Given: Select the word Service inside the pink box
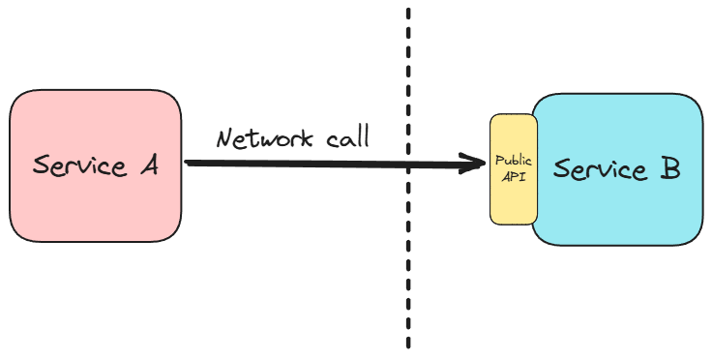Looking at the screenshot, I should click(x=79, y=165).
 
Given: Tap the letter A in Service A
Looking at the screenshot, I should click(x=146, y=165).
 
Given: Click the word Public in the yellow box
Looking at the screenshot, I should click(x=514, y=161).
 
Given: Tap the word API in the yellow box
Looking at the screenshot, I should click(x=514, y=177).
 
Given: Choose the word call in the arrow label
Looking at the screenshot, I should click(x=344, y=137).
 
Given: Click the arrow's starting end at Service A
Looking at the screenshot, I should click(x=187, y=163).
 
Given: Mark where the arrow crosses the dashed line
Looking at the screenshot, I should click(x=408, y=165).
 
